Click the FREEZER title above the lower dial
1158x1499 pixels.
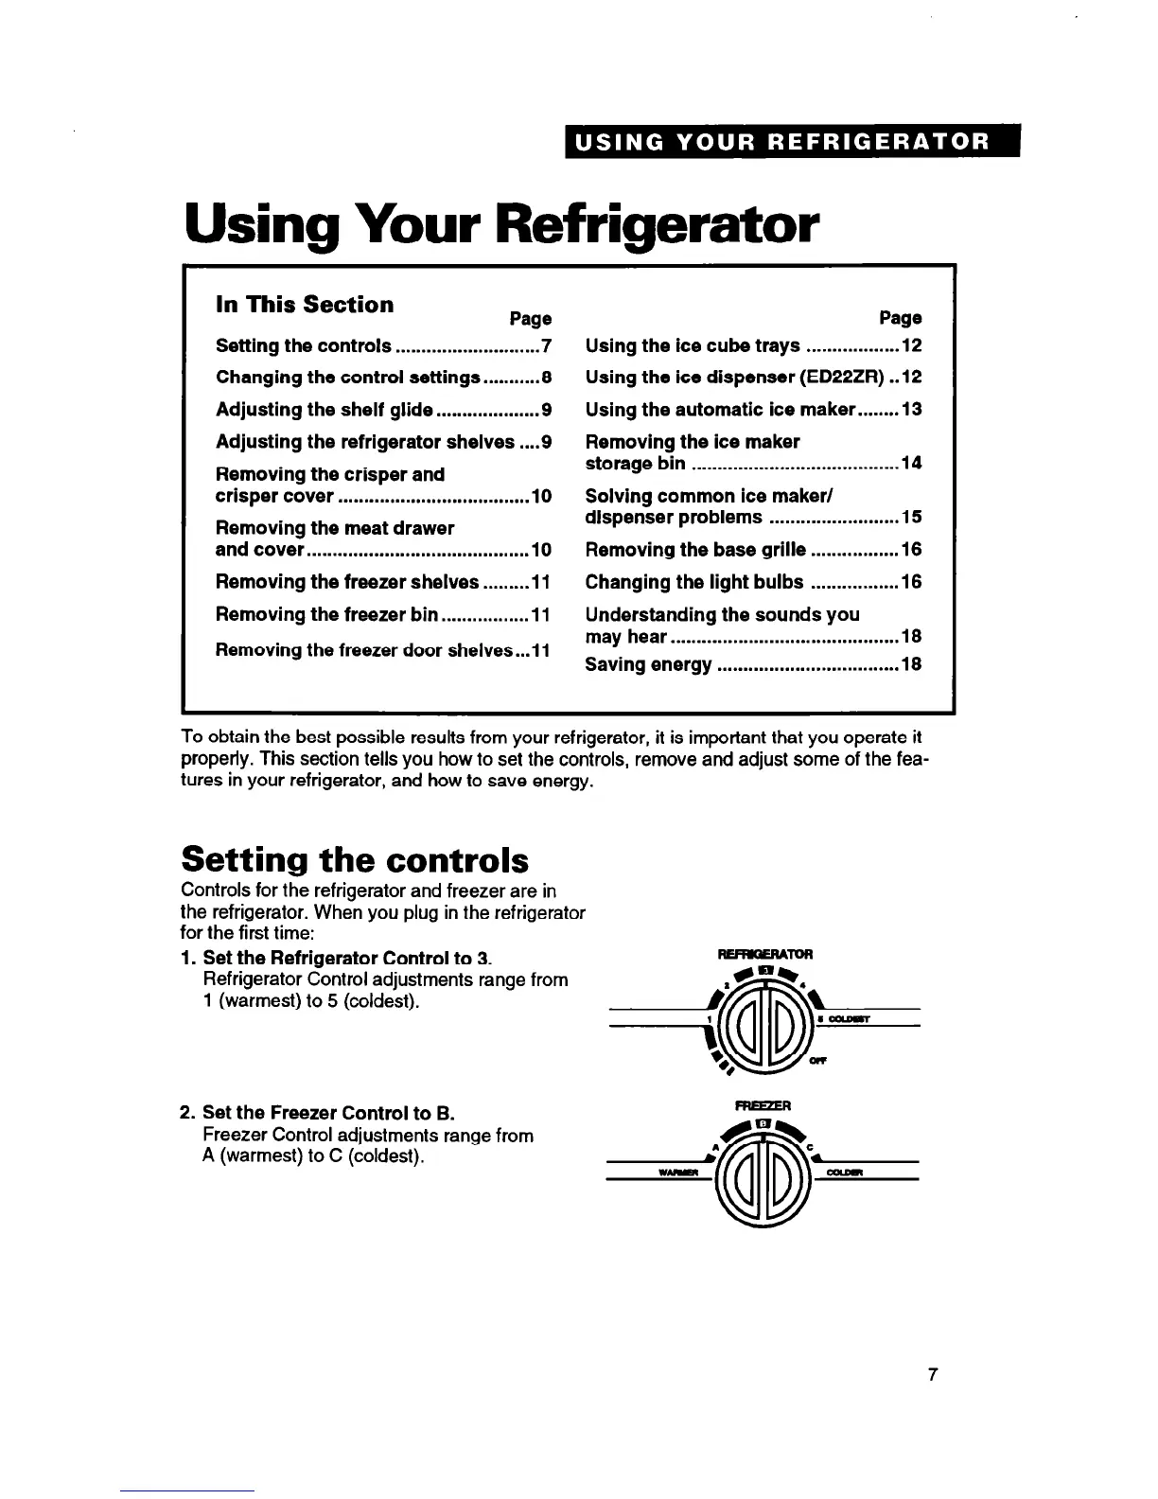[x=763, y=1105]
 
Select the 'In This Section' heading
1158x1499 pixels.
[x=305, y=305]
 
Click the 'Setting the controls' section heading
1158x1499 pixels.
[x=355, y=859]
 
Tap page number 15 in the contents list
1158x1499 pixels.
[x=911, y=518]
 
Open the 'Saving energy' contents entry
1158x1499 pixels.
[x=649, y=665]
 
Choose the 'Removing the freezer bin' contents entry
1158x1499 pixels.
[x=327, y=615]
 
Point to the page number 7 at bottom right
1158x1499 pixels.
[x=932, y=1375]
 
